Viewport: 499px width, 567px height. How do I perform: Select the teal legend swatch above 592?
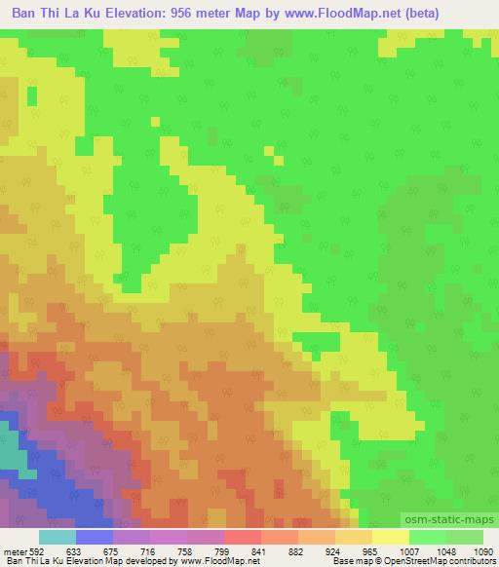[x=58, y=537]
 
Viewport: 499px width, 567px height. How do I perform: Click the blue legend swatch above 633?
[x=95, y=537]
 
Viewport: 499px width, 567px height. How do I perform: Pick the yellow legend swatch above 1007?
[x=390, y=537]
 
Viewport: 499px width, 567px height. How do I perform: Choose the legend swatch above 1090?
[x=463, y=537]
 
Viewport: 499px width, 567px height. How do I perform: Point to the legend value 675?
[x=113, y=551]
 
